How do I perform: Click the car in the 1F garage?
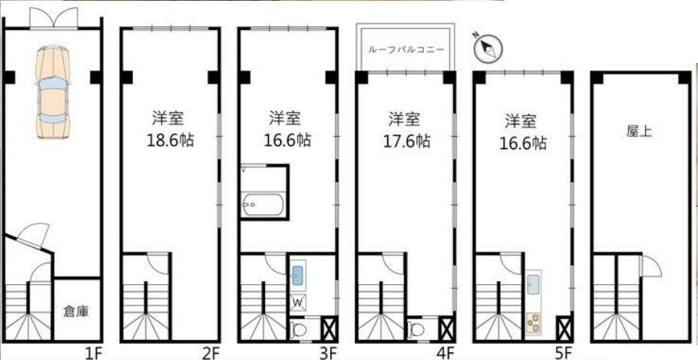coord(53,91)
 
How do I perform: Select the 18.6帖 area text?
coord(170,140)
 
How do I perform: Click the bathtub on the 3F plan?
coord(262,205)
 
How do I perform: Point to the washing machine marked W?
coord(298,302)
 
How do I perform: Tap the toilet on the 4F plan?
coord(416,330)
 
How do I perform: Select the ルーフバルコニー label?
coord(406,49)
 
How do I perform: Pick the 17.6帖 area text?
coord(407,141)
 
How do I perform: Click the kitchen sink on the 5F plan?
coord(534,284)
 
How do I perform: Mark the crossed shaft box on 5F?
coord(564,329)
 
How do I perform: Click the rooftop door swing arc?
coord(654,263)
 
